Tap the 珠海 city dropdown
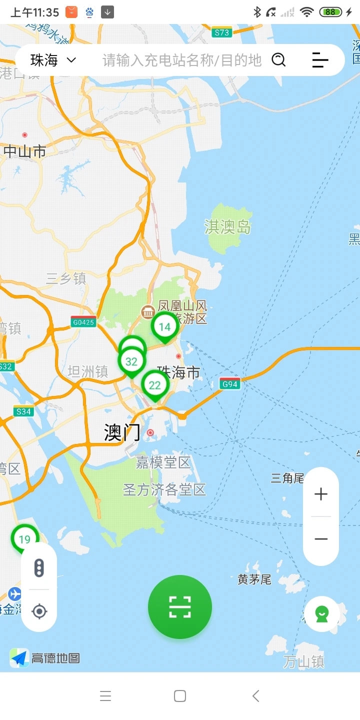click(53, 60)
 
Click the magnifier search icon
click(278, 60)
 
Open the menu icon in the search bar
click(320, 60)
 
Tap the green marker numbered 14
click(164, 327)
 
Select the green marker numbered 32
click(131, 361)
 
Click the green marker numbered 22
click(155, 385)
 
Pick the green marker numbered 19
click(24, 539)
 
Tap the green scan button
click(180, 607)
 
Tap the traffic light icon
click(39, 568)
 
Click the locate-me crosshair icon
click(39, 611)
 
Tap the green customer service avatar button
click(322, 613)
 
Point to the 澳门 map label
click(122, 432)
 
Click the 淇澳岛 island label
click(227, 227)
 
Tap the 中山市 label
click(25, 151)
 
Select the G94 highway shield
click(230, 384)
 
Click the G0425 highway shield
click(83, 322)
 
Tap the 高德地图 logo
click(45, 658)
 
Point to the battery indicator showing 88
click(330, 12)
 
